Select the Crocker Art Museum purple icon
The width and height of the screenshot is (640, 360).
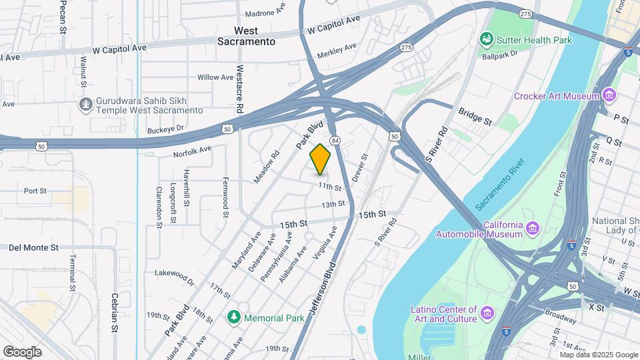[608, 96]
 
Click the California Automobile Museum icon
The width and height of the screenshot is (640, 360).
[532, 229]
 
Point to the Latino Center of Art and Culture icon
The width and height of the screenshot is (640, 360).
[487, 313]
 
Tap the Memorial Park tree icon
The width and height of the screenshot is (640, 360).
[233, 318]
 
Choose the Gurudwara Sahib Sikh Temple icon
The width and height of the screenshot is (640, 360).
[85, 105]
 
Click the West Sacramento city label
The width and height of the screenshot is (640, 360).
[246, 36]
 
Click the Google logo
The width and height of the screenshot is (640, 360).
[22, 351]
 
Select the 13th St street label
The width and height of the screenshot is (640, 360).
[333, 205]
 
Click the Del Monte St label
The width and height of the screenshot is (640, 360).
[33, 247]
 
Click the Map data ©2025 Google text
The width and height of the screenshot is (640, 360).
[599, 355]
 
